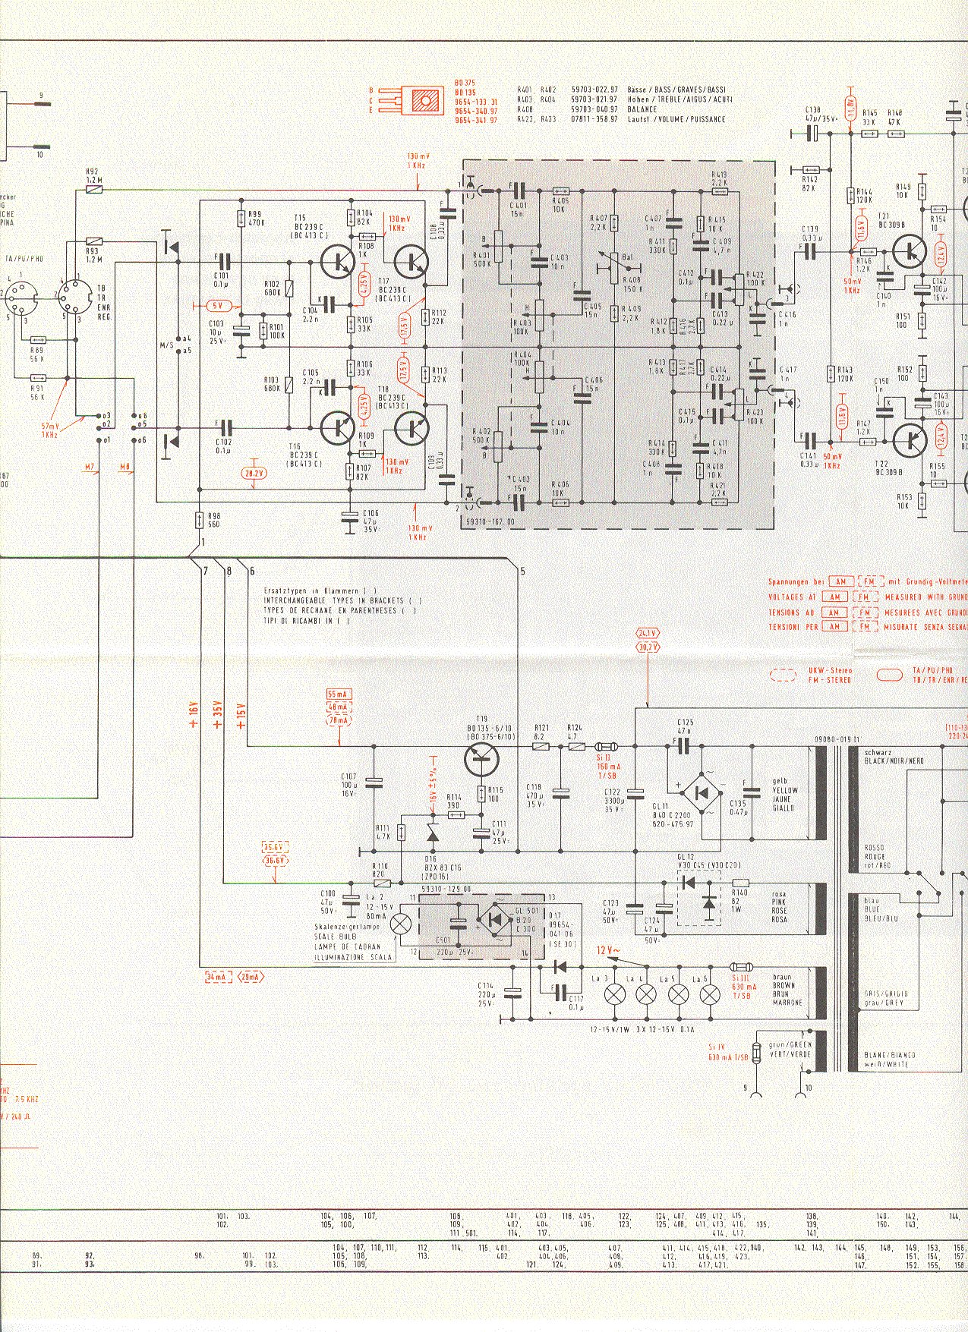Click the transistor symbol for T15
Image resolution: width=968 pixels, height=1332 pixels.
pos(335,262)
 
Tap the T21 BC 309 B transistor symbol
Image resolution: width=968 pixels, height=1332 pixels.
pos(907,251)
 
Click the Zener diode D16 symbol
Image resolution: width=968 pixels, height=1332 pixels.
pos(432,835)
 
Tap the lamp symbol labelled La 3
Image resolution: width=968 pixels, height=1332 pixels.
pos(613,994)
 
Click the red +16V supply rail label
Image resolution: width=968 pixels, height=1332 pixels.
pos(193,714)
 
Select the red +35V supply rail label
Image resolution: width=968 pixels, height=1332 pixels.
pos(217,714)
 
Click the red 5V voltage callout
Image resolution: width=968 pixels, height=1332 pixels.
pos(216,306)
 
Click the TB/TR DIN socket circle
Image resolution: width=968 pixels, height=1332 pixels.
pos(75,297)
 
